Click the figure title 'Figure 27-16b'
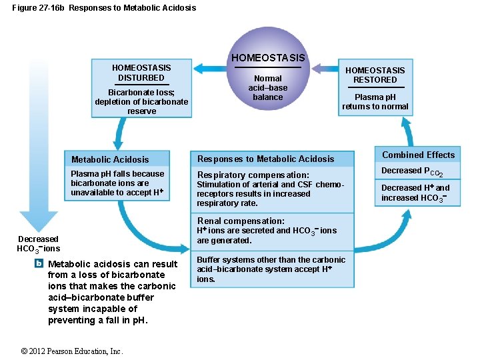coord(38,8)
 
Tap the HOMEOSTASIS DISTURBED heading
coord(141,73)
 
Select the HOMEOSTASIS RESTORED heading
coord(375,75)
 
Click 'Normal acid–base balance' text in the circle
coord(268,87)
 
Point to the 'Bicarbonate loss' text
coord(141,93)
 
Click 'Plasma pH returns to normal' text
coord(375,101)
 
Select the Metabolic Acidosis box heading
coord(110,159)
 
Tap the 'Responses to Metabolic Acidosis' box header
coord(265,159)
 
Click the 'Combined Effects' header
coord(418,155)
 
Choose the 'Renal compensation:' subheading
coord(241,221)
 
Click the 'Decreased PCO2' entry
coord(412,171)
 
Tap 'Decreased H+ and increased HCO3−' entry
coord(415,193)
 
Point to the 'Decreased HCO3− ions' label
coord(38,244)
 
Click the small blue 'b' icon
coord(39,263)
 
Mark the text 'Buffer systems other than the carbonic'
coord(271,259)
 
